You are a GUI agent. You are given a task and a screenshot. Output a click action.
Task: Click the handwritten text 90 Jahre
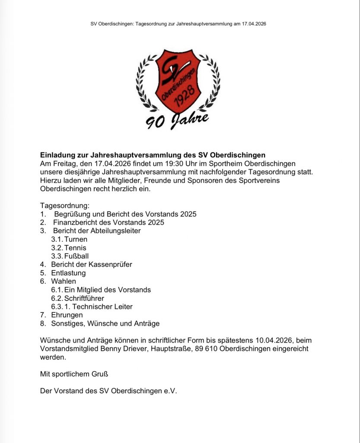point(177,121)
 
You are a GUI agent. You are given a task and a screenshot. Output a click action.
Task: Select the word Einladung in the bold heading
point(58,154)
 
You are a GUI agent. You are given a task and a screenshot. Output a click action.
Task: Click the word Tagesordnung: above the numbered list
point(64,205)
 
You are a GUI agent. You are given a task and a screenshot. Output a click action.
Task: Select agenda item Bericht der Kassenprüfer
point(91,264)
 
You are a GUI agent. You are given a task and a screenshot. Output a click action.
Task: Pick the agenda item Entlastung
point(68,273)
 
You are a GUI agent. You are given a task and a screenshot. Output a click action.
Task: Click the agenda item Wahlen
point(63,281)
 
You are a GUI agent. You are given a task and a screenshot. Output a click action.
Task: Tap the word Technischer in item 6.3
point(91,307)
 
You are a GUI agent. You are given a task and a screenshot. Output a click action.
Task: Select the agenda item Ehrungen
point(67,315)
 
